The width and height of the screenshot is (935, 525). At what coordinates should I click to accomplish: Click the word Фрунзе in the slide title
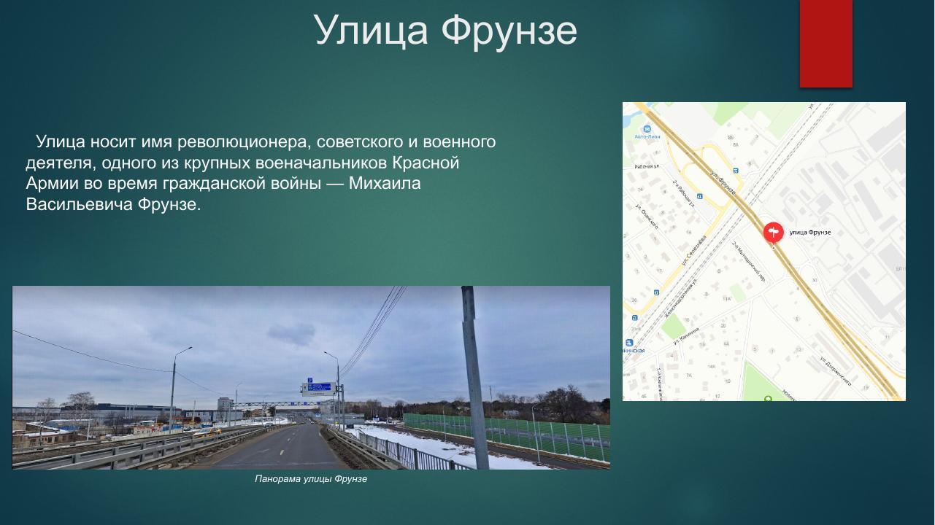(x=509, y=31)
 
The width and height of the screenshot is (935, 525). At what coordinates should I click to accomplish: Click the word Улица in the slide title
(x=372, y=31)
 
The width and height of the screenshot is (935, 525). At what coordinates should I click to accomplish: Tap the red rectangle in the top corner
(x=826, y=42)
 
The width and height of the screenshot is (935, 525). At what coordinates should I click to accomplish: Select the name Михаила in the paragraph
(x=385, y=183)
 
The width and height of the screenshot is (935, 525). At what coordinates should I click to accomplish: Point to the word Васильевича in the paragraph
(x=79, y=204)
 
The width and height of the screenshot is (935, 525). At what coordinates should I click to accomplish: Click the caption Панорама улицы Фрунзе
(x=311, y=479)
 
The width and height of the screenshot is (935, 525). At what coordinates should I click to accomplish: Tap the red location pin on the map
(x=773, y=232)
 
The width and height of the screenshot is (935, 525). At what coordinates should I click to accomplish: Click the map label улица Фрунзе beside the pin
(x=810, y=233)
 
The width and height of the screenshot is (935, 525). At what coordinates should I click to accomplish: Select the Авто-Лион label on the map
(x=647, y=136)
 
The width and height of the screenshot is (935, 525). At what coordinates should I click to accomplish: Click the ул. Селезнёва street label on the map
(x=694, y=250)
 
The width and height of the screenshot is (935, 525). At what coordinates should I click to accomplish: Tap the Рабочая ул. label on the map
(x=647, y=166)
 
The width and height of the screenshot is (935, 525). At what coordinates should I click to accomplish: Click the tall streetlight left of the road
(x=173, y=390)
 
